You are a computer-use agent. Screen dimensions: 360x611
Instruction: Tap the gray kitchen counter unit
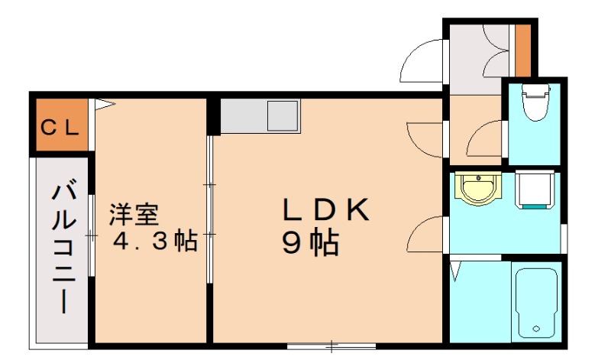(260, 116)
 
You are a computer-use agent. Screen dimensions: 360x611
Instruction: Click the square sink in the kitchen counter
(282, 116)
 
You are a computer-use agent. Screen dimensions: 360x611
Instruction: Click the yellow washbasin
(479, 188)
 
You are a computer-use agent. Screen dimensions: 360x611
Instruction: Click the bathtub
(538, 302)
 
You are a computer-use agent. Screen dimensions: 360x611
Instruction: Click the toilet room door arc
(483, 140)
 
